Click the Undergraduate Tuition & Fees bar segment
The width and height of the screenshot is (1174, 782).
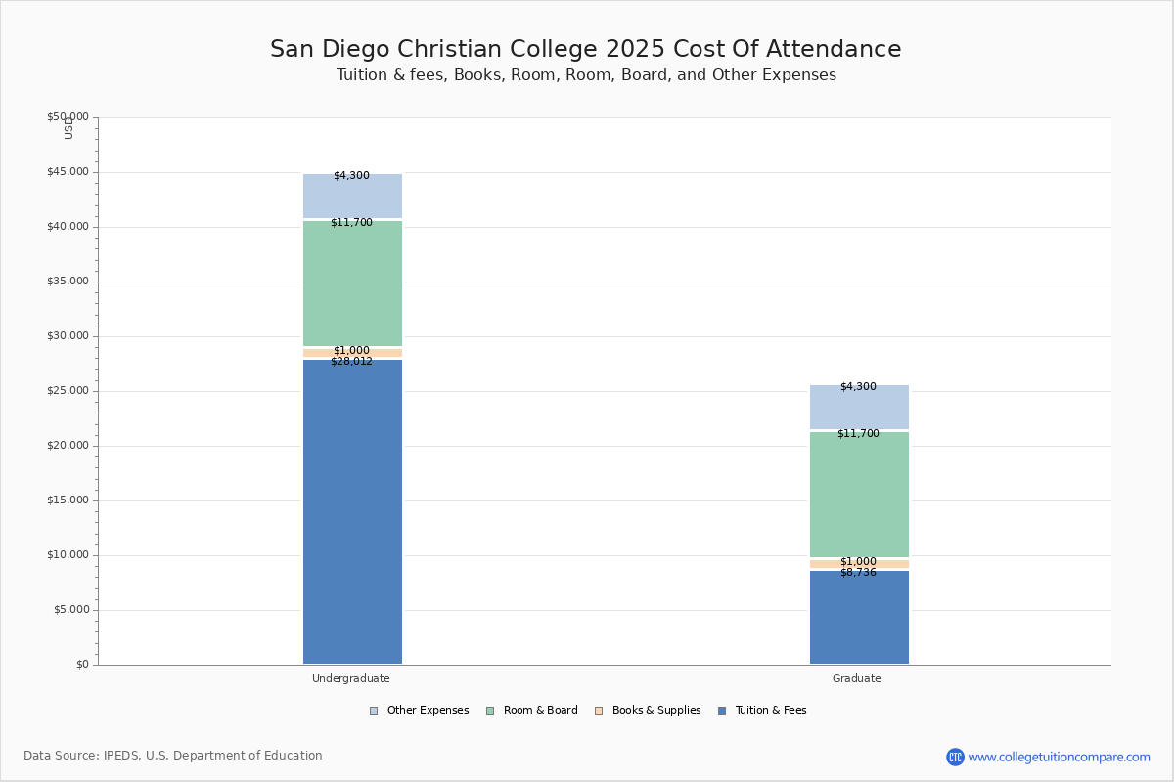click(x=352, y=511)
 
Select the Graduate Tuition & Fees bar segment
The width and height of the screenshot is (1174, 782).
click(x=859, y=617)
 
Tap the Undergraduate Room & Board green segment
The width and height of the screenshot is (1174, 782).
click(x=352, y=283)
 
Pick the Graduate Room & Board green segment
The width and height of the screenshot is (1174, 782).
click(x=859, y=495)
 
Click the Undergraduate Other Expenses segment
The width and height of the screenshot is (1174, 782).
click(x=352, y=195)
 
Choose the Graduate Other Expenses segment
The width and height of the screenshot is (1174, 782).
click(x=859, y=407)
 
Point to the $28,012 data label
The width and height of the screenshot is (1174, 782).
click(x=351, y=362)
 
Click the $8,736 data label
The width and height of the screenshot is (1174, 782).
click(x=859, y=573)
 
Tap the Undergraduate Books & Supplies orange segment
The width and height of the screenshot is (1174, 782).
click(x=352, y=353)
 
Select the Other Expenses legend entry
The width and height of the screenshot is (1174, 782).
click(x=420, y=711)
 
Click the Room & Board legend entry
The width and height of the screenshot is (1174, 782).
click(x=532, y=711)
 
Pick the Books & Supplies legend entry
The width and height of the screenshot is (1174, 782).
click(x=648, y=711)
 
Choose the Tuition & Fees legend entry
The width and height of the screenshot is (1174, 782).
click(x=762, y=711)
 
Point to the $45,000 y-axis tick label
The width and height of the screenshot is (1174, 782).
click(x=68, y=172)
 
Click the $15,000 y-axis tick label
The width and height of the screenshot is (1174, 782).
click(x=68, y=500)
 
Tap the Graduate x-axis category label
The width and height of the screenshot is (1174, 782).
click(x=856, y=678)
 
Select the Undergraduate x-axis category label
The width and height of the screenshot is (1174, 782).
click(x=350, y=678)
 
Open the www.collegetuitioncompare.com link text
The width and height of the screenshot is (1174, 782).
click(x=1059, y=757)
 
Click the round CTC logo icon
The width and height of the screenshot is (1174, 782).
click(x=955, y=757)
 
